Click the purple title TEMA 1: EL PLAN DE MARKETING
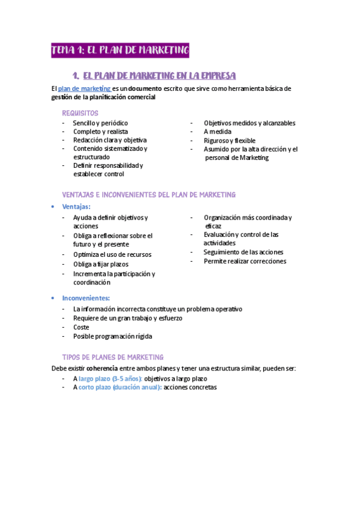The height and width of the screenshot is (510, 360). [x=120, y=50]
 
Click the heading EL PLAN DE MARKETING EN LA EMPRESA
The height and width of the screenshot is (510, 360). [x=159, y=76]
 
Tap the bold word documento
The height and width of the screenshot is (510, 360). [x=141, y=88]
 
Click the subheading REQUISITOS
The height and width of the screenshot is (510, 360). [x=81, y=113]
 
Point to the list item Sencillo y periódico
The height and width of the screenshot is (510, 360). [x=100, y=123]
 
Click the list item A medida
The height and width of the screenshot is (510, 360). [x=218, y=131]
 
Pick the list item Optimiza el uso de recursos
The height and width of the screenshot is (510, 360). [x=112, y=254]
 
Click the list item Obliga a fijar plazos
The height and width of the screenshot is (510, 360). [x=101, y=264]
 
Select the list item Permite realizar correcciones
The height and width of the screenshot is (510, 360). [x=245, y=261]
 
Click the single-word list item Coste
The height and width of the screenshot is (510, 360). [x=81, y=327]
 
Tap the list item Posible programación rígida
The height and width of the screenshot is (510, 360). [x=112, y=336]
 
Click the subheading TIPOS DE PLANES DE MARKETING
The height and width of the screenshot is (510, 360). [x=112, y=357]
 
